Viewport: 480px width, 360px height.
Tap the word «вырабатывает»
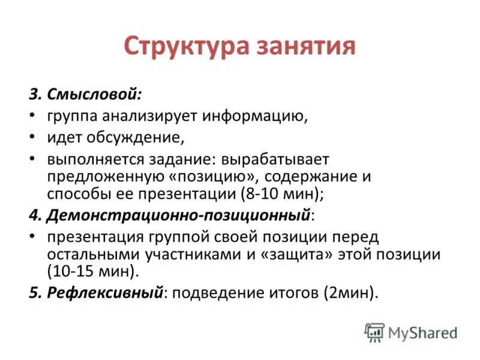(275, 160)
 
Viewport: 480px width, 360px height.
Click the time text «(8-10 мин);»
(282, 194)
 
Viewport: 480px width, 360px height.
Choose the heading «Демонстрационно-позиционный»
(180, 215)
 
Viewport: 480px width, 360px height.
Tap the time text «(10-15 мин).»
(93, 271)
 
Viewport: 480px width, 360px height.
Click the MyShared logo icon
(374, 332)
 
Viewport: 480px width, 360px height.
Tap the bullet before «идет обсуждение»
(32, 137)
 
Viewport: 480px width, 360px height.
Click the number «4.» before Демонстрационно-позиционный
(35, 215)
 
